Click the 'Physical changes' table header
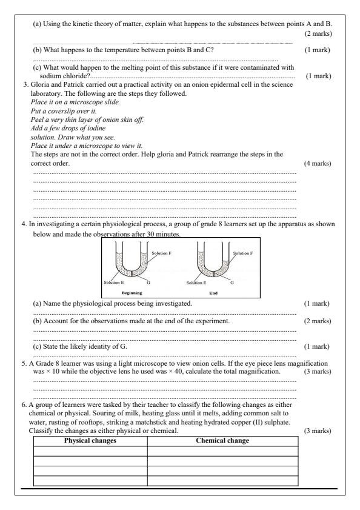tap(90, 441)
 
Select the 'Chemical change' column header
tap(222, 441)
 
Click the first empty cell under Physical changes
tap(90, 450)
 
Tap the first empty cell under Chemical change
tap(222, 450)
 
